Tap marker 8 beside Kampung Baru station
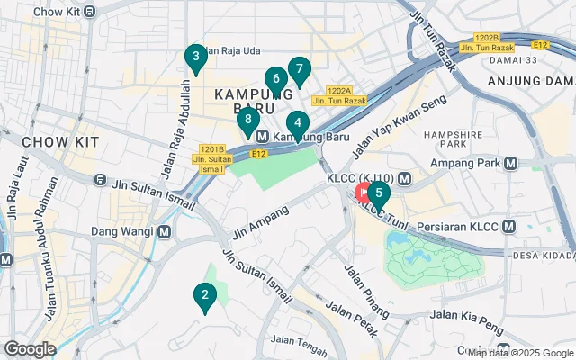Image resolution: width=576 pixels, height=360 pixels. click(247, 121)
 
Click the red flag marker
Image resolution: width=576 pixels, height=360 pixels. click(364, 192)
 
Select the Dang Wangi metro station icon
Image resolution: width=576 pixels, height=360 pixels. click(165, 231)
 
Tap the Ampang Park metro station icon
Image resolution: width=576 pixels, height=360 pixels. click(510, 163)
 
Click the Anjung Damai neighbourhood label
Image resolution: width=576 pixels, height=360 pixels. click(531, 82)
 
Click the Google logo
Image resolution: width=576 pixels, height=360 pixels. click(31, 348)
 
